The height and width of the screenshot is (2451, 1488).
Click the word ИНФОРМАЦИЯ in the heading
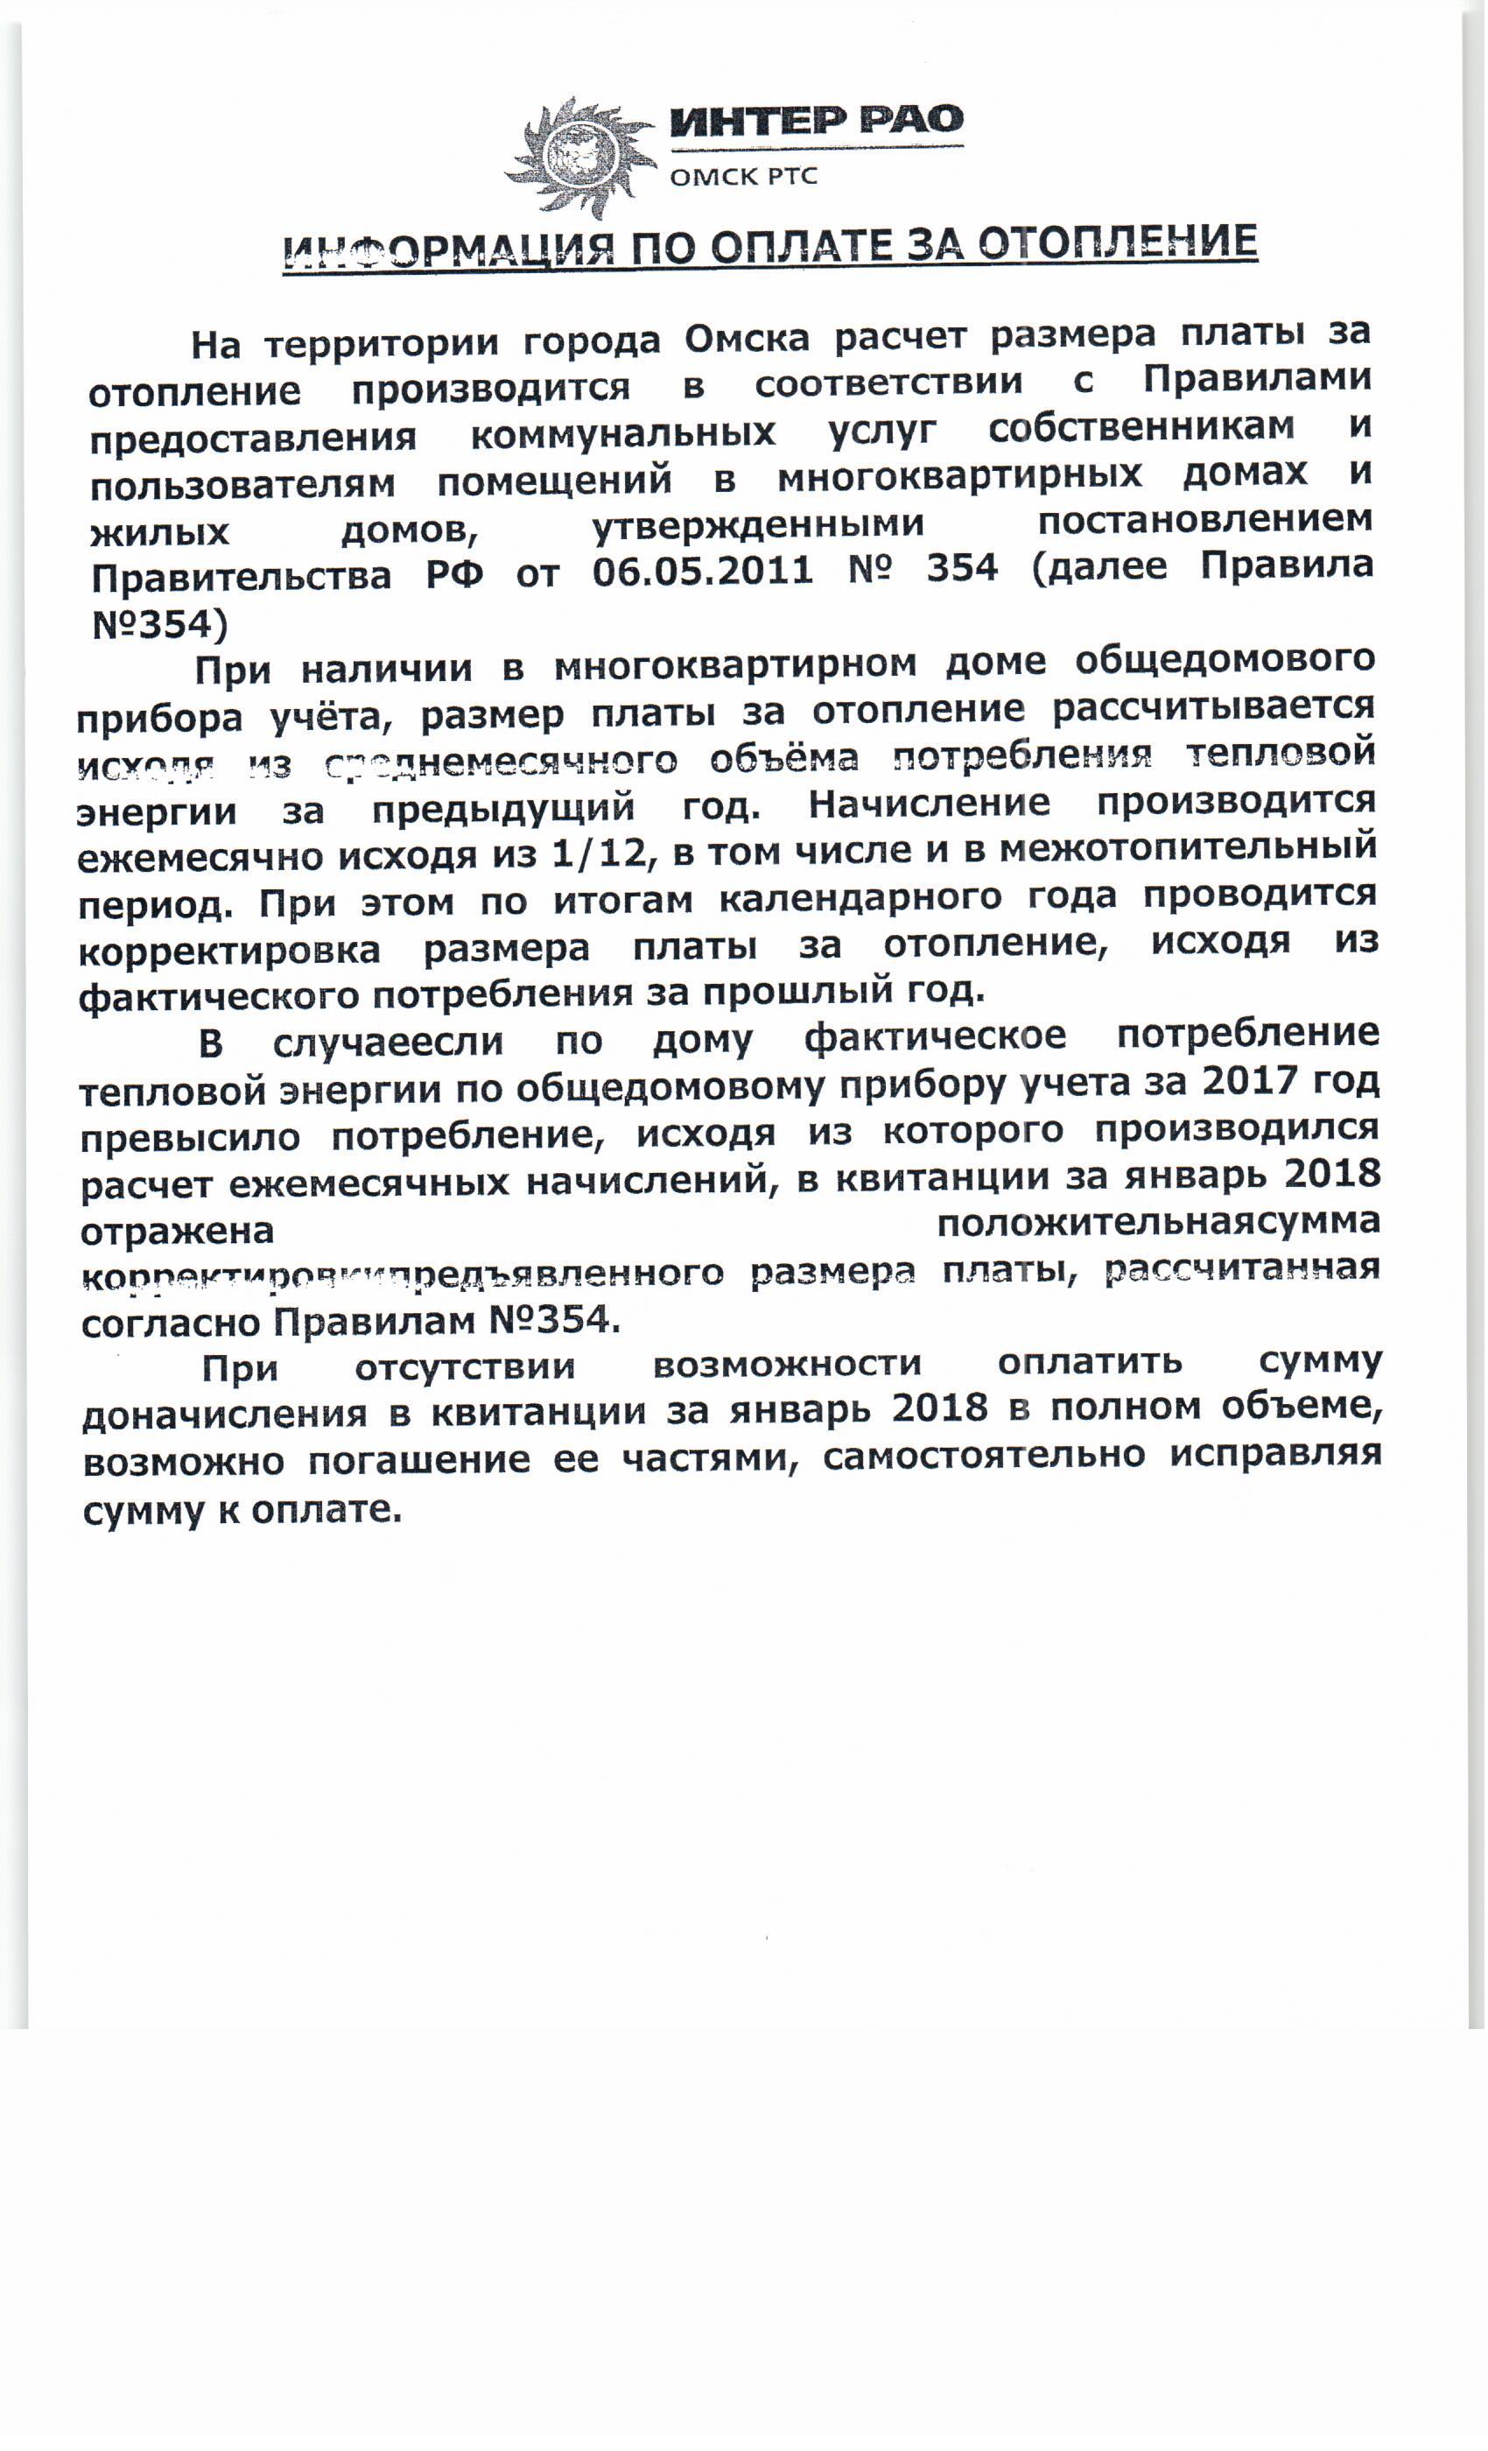click(442, 248)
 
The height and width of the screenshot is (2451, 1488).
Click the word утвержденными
click(759, 523)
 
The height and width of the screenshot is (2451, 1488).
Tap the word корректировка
click(228, 949)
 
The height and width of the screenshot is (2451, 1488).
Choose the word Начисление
click(929, 802)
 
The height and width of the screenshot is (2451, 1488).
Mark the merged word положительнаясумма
click(1158, 1221)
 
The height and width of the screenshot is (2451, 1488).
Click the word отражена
click(177, 1232)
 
